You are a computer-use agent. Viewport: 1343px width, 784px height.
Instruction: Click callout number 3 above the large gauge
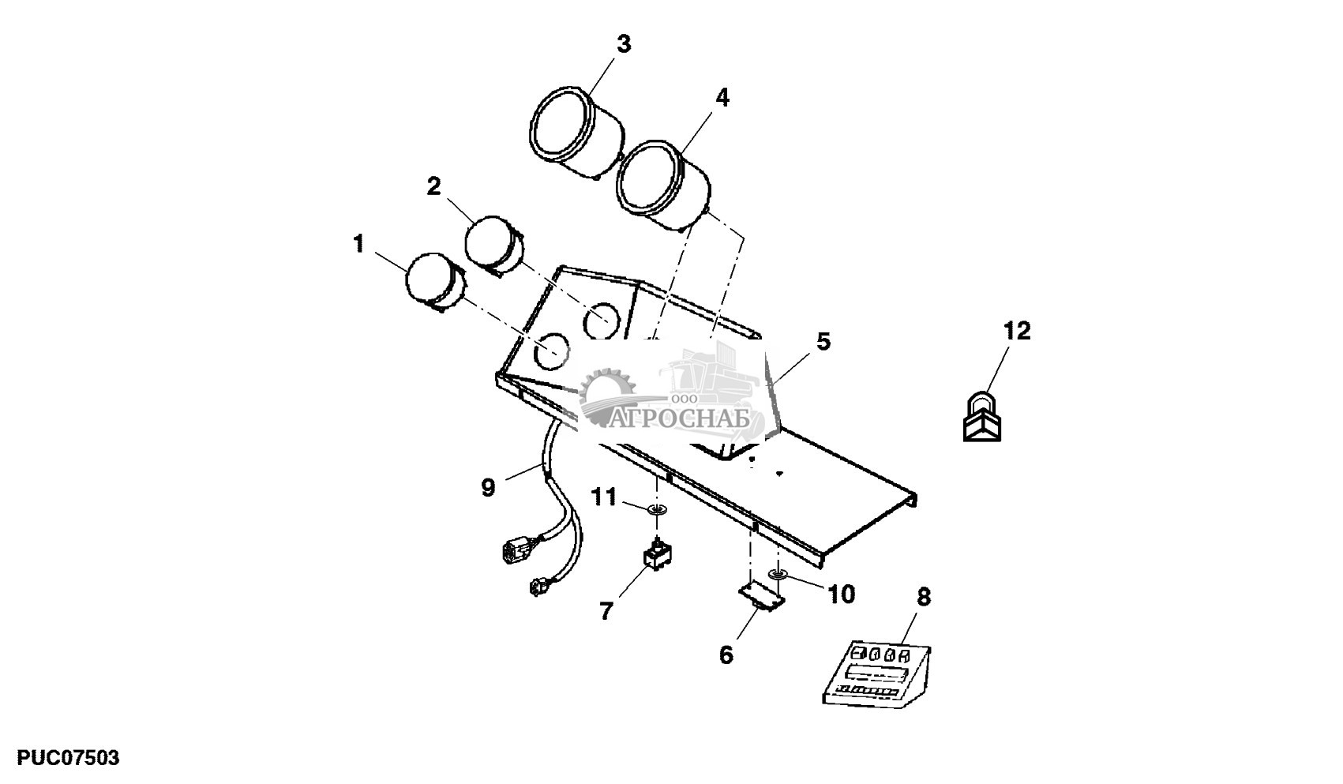(624, 44)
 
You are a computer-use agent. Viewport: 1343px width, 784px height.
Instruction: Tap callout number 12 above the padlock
(1017, 332)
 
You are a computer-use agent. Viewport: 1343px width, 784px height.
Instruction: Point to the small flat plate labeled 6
(763, 596)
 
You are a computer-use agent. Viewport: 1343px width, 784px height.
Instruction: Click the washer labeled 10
(778, 574)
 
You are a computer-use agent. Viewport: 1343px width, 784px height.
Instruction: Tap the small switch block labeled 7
(657, 555)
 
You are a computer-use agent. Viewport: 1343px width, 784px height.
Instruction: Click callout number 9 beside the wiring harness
(488, 488)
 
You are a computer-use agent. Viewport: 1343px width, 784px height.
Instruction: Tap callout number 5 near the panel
(823, 343)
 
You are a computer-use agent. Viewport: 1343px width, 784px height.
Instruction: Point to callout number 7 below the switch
(606, 610)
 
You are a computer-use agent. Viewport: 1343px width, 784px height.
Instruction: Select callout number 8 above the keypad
(923, 598)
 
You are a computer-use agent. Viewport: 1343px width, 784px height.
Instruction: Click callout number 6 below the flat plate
(726, 655)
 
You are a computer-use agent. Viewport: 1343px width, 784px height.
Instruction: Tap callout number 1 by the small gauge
(359, 244)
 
